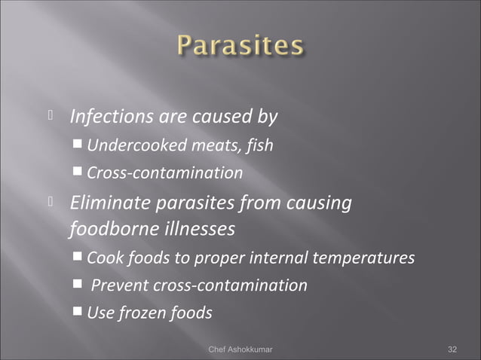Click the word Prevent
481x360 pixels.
121,285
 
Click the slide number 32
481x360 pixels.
452,349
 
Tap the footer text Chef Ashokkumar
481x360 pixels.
240,349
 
